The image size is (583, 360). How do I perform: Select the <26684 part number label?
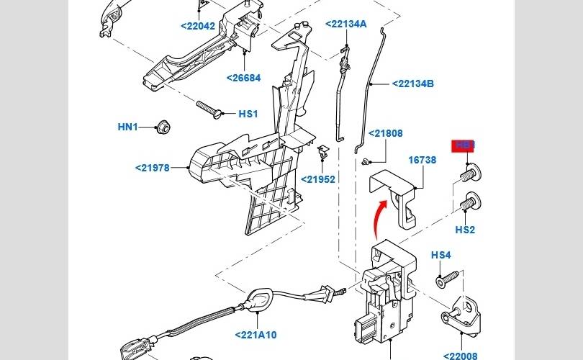(244, 78)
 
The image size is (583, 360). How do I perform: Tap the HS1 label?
(248, 114)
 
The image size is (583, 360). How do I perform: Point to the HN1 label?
(127, 127)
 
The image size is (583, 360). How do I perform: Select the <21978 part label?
(152, 168)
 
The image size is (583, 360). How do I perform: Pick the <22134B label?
(413, 84)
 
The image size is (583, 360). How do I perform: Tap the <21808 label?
(386, 133)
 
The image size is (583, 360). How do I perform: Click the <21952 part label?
(318, 179)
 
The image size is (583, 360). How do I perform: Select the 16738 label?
(422, 160)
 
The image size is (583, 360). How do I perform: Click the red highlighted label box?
(464, 145)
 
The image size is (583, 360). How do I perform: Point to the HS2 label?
(465, 230)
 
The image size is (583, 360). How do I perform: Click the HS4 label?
(440, 255)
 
